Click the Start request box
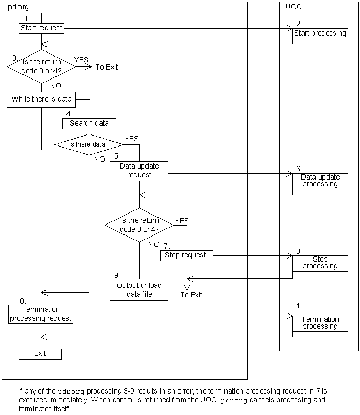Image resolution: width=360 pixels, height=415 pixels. coord(42,28)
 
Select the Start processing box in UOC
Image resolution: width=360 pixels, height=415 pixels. coord(320,33)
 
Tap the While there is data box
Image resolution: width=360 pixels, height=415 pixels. coord(41,99)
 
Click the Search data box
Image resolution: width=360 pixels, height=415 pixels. coord(89,124)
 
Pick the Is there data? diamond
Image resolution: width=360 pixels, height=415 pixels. coord(89,143)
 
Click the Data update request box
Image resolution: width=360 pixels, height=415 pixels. coord(139,171)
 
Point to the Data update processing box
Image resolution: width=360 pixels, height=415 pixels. coord(320,181)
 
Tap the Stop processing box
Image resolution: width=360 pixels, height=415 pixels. coord(320,263)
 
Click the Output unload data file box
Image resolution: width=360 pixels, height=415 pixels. coord(139,289)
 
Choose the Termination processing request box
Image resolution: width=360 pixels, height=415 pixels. coord(41,314)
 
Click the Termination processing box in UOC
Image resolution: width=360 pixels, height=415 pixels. coord(320,323)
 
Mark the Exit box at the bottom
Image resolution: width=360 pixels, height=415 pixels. coord(40,354)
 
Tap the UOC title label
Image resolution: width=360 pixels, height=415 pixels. coord(294,7)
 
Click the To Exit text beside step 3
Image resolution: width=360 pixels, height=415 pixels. coord(107,67)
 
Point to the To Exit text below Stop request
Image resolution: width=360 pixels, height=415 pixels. coord(192,295)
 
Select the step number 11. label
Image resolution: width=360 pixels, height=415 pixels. coord(301,306)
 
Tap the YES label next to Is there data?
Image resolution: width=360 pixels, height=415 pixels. coord(131,139)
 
